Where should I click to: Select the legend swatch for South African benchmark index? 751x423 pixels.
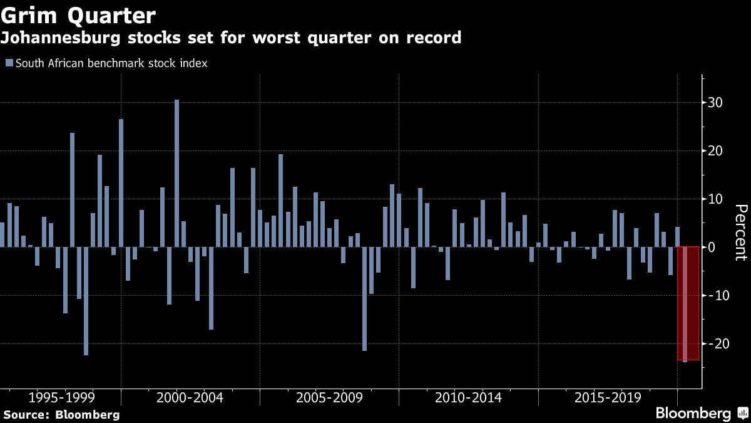point(9,63)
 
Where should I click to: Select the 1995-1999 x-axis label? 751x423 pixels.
point(61,397)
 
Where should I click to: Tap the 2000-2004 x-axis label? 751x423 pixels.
point(190,397)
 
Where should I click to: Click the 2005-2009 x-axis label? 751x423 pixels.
point(329,397)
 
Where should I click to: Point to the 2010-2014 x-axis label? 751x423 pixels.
point(468,397)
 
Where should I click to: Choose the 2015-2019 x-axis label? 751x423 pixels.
point(607,397)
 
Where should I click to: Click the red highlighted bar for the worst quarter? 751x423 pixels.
point(685,304)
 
